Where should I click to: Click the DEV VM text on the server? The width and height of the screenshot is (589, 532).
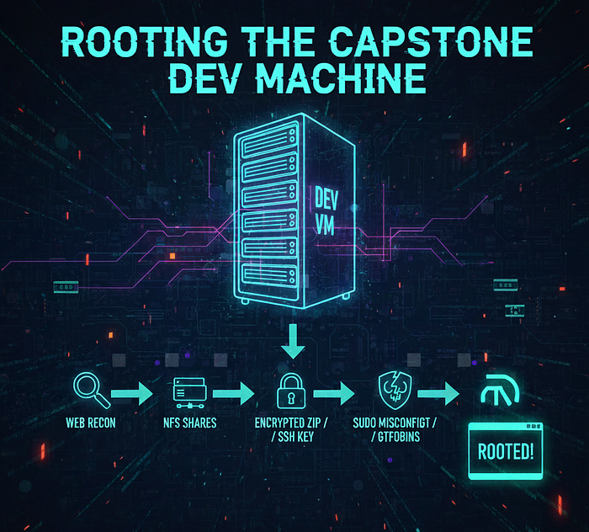326,210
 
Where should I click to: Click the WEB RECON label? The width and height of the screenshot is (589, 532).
91,422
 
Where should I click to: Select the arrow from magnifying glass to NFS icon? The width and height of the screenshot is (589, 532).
135,393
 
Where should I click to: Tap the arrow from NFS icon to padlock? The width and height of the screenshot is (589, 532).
233,393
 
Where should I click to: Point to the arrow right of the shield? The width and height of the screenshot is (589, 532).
438,393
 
